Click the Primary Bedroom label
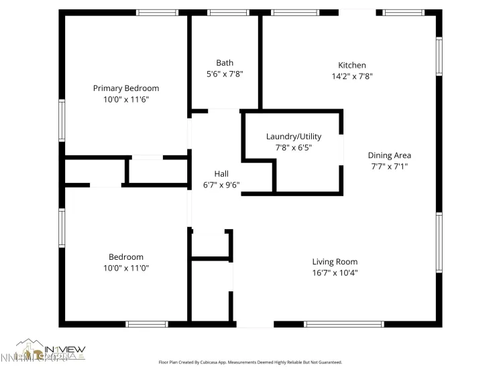click(126, 88)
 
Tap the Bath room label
click(225, 63)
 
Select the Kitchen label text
click(352, 65)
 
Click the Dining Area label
click(390, 155)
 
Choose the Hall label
click(221, 173)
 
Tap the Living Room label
click(335, 262)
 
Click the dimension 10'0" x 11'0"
click(126, 268)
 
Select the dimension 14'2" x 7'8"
click(352, 76)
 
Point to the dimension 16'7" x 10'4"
click(335, 273)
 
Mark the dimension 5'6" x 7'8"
click(225, 74)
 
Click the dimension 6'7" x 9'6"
click(221, 185)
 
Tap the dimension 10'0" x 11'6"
click(126, 99)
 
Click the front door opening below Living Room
click(256, 324)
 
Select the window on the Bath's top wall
click(229, 12)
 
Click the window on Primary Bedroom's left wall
click(62, 121)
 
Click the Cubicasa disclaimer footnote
click(250, 362)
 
